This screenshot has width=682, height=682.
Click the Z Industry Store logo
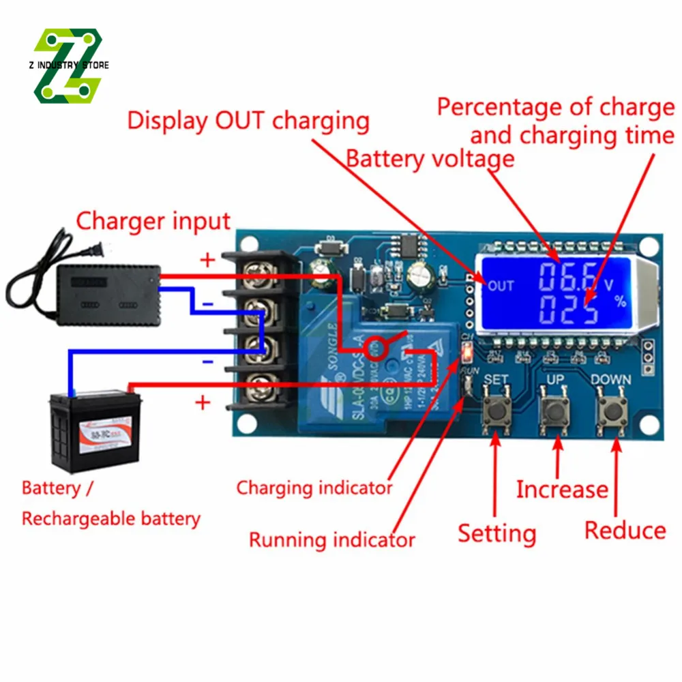click(x=68, y=65)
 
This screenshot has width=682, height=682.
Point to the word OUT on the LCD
click(x=501, y=286)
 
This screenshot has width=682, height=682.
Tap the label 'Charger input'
click(x=153, y=222)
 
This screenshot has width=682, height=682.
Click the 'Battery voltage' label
click(x=430, y=159)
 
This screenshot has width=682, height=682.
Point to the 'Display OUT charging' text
click(x=248, y=121)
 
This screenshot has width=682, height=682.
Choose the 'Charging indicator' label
click(x=314, y=488)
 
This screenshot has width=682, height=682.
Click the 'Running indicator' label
click(x=331, y=540)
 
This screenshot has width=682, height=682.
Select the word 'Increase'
click(x=561, y=489)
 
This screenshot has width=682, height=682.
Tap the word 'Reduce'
click(x=625, y=530)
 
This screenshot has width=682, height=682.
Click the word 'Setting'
click(x=496, y=533)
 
